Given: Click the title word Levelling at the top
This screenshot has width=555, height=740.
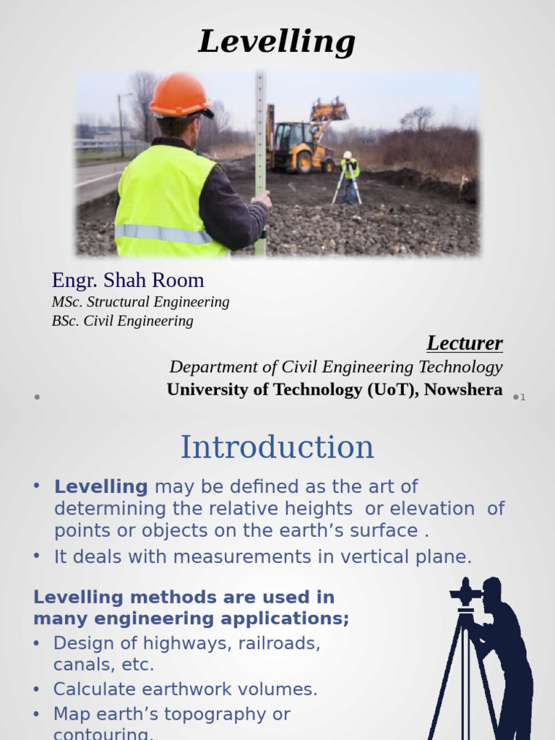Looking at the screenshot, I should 277,42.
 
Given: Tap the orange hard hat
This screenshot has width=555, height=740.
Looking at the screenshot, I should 180,95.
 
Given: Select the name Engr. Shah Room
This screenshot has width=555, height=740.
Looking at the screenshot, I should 128,280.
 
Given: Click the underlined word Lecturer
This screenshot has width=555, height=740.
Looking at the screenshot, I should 464,343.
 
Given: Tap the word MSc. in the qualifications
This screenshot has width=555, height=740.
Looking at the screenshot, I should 67,302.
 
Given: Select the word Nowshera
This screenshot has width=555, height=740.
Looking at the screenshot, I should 463,390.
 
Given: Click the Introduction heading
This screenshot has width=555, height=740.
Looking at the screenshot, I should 277,447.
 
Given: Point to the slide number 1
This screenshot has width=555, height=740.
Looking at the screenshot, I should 522,397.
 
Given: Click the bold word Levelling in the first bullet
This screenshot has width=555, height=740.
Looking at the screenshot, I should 100,486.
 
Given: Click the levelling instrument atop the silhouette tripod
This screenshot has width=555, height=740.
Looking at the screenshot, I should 466,595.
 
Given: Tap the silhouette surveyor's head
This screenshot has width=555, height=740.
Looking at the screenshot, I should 492,591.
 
